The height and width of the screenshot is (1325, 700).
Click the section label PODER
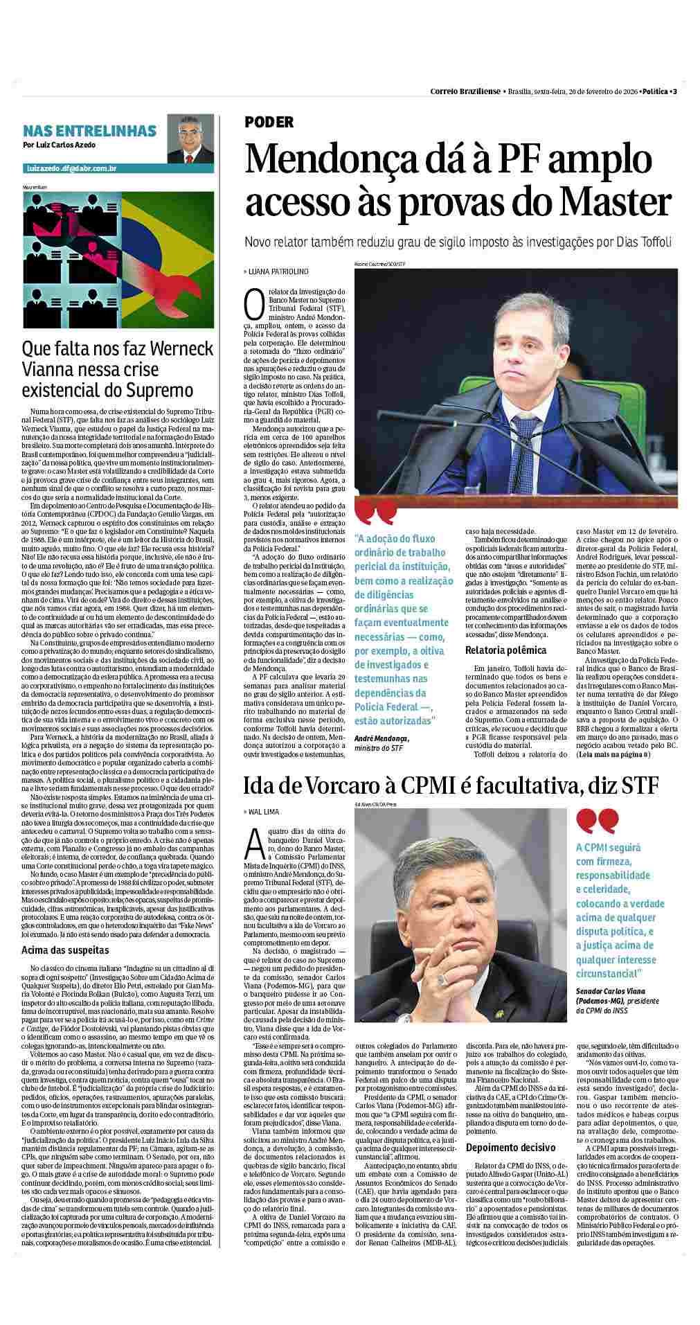click(x=269, y=123)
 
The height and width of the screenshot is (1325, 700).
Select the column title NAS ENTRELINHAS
click(x=89, y=131)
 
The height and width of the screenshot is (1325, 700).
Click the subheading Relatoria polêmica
click(x=505, y=650)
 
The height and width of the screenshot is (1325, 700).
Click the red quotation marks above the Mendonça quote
click(x=377, y=514)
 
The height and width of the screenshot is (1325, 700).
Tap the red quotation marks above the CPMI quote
click(x=596, y=821)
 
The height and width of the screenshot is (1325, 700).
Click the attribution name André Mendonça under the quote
click(x=382, y=739)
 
